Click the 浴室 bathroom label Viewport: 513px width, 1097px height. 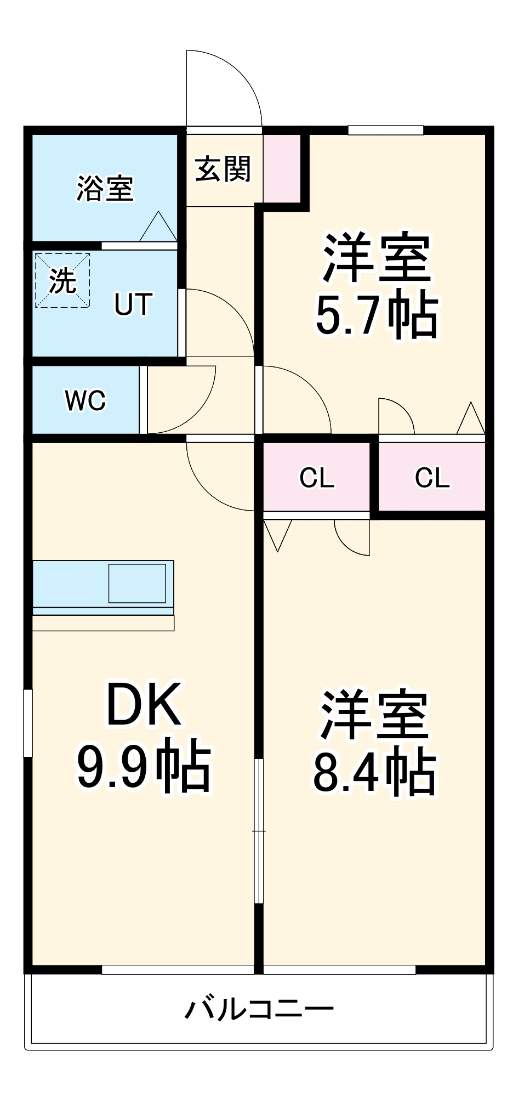[105, 188]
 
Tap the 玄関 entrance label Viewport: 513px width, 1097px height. [223, 168]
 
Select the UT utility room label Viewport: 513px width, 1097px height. [132, 304]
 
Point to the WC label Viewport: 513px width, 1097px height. [85, 401]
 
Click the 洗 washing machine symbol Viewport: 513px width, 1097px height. [62, 280]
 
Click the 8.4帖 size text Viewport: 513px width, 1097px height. [374, 774]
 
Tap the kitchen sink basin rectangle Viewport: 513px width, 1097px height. [136, 583]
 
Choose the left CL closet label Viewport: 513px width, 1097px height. [316, 478]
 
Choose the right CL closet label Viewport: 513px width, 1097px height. [432, 478]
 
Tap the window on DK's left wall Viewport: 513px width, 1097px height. [27, 723]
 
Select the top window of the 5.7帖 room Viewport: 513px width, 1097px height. [385, 131]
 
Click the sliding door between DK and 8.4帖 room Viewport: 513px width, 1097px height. [259, 831]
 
